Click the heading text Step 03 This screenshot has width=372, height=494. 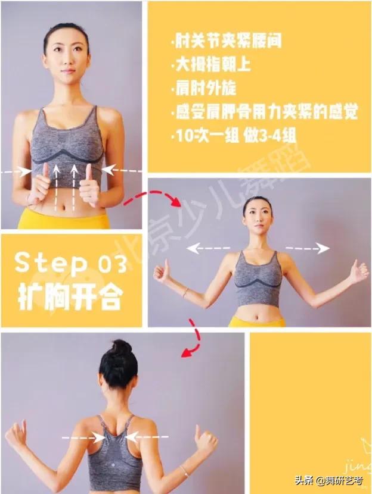[x=71, y=262]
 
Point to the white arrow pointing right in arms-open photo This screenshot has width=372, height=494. [x=308, y=248]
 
